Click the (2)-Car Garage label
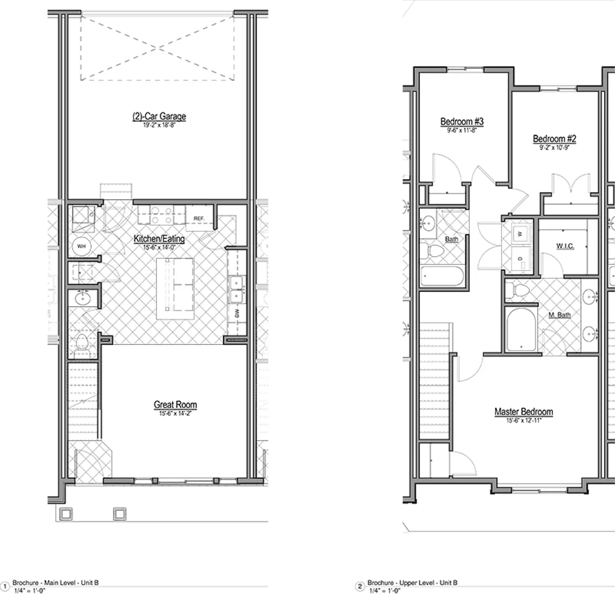pyautogui.click(x=159, y=117)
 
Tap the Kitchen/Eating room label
pyautogui.click(x=159, y=239)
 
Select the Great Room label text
pyautogui.click(x=175, y=405)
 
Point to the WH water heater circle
pyautogui.click(x=81, y=246)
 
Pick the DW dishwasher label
pyautogui.click(x=237, y=313)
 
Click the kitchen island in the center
pyautogui.click(x=175, y=289)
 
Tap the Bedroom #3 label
pyautogui.click(x=462, y=121)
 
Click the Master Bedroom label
pyautogui.click(x=523, y=412)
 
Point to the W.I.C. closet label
pyautogui.click(x=565, y=246)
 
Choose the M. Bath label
pyautogui.click(x=559, y=315)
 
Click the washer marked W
pyautogui.click(x=520, y=234)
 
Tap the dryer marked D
pyautogui.click(x=520, y=259)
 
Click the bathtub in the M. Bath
pyautogui.click(x=521, y=329)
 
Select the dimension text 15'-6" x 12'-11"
pyautogui.click(x=523, y=420)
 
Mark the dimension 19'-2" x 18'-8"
pyautogui.click(x=159, y=125)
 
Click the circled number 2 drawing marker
pyautogui.click(x=360, y=586)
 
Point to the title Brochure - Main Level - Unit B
pyautogui.click(x=56, y=583)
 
